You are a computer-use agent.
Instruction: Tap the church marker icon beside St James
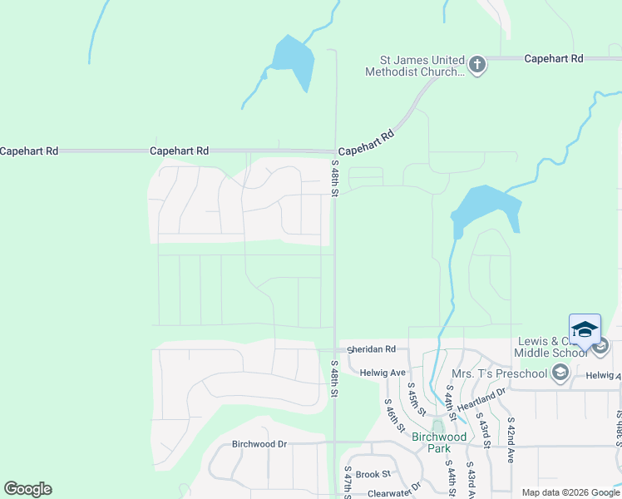[x=477, y=65]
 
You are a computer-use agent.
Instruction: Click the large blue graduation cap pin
[x=585, y=330]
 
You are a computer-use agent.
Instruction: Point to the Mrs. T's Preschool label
[x=499, y=373]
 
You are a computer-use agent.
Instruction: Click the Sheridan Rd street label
[x=384, y=350]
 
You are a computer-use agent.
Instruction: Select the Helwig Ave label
[x=383, y=373]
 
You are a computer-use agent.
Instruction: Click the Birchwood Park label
[x=440, y=442]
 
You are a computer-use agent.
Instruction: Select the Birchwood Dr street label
[x=259, y=444]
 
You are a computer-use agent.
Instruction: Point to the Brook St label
[x=373, y=474]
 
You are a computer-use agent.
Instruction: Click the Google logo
[x=27, y=489]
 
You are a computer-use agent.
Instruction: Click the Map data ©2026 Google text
[x=570, y=492]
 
